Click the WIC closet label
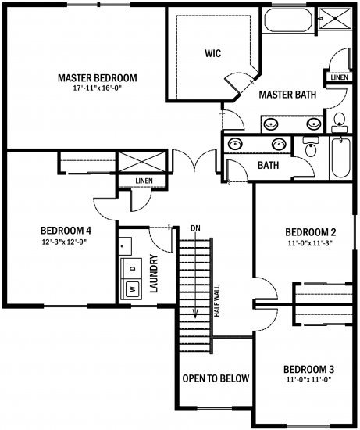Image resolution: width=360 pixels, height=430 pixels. (x=213, y=53)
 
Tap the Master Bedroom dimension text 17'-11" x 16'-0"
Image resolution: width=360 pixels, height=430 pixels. (x=98, y=88)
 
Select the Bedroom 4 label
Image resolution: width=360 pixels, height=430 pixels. (x=66, y=231)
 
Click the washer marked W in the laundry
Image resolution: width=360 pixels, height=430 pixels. (x=133, y=289)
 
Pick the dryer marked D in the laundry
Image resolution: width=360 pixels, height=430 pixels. (x=133, y=268)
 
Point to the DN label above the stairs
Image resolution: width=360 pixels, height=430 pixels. (x=195, y=228)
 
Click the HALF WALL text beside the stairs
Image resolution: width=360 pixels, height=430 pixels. (x=217, y=301)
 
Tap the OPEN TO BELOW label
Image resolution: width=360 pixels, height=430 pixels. (x=216, y=378)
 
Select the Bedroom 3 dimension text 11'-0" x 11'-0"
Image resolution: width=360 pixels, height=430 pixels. (x=308, y=380)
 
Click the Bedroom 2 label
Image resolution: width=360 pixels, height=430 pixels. (x=310, y=232)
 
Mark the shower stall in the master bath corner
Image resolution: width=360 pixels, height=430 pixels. (x=335, y=18)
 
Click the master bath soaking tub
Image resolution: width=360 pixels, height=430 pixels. (x=288, y=20)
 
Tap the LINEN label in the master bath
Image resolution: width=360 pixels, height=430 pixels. (x=339, y=77)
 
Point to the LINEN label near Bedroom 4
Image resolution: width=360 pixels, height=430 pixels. (x=144, y=181)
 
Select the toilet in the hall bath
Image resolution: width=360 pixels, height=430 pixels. (x=310, y=147)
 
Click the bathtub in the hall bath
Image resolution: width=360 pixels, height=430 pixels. (x=340, y=157)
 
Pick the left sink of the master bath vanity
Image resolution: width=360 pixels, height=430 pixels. (x=271, y=124)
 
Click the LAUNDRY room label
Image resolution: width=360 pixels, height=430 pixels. (x=154, y=274)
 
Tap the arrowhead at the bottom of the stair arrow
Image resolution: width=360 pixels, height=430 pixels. (x=195, y=314)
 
